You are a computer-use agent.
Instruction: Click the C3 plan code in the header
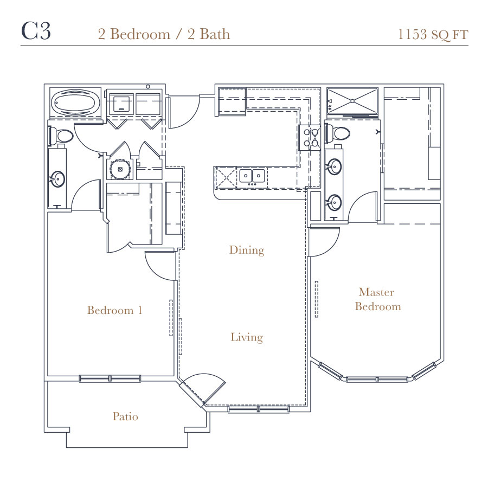36,31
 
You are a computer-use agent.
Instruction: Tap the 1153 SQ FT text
433,35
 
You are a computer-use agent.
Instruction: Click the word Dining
247,250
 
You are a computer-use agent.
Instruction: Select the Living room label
247,337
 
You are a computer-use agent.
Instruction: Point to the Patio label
125,416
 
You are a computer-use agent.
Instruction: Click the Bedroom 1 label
114,310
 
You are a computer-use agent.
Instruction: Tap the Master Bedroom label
377,299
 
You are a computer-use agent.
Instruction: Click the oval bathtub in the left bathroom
75,102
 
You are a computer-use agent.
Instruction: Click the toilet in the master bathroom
337,133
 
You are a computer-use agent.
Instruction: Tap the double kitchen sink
252,176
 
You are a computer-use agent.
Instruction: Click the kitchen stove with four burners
310,137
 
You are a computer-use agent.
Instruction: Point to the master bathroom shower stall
352,101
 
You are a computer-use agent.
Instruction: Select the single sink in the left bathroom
57,179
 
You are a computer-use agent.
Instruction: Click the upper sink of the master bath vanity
335,166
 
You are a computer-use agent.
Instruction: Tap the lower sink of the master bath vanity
335,202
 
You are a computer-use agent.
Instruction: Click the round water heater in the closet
120,169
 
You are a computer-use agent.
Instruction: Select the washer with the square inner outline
121,104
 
